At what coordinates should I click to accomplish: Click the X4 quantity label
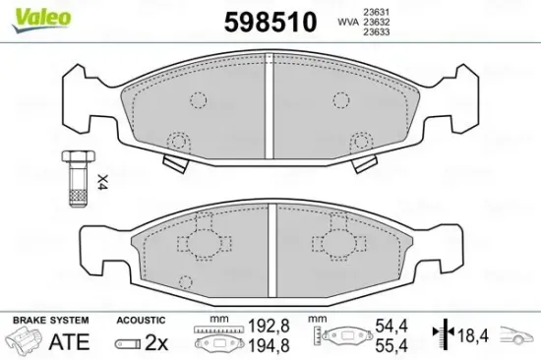pos(101,181)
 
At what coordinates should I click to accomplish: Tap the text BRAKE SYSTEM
pos(51,321)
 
